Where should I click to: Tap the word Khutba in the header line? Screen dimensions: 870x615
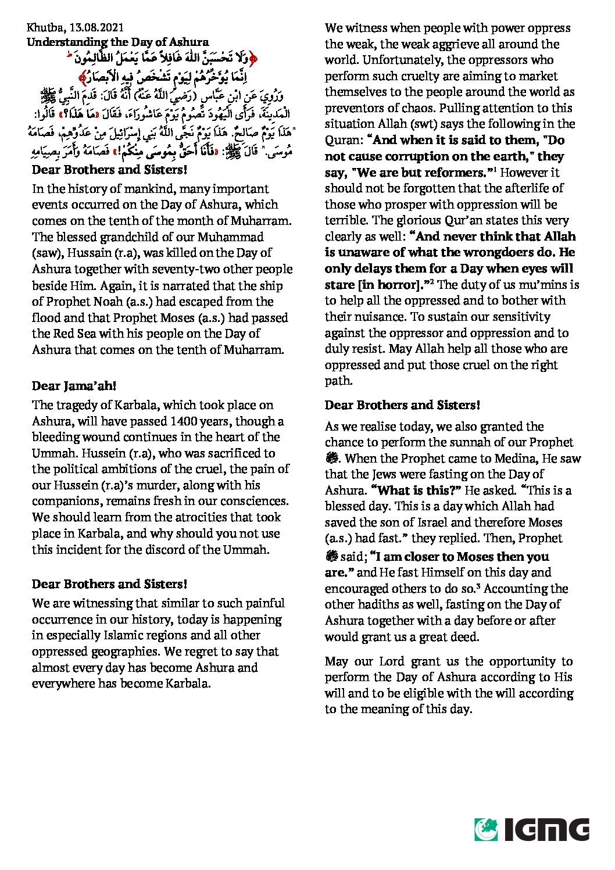45,27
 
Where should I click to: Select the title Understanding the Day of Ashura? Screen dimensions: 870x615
117,42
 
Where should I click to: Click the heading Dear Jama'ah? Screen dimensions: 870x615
74,386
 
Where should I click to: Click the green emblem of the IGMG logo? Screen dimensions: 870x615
486,829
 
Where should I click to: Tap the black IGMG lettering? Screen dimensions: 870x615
546,829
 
